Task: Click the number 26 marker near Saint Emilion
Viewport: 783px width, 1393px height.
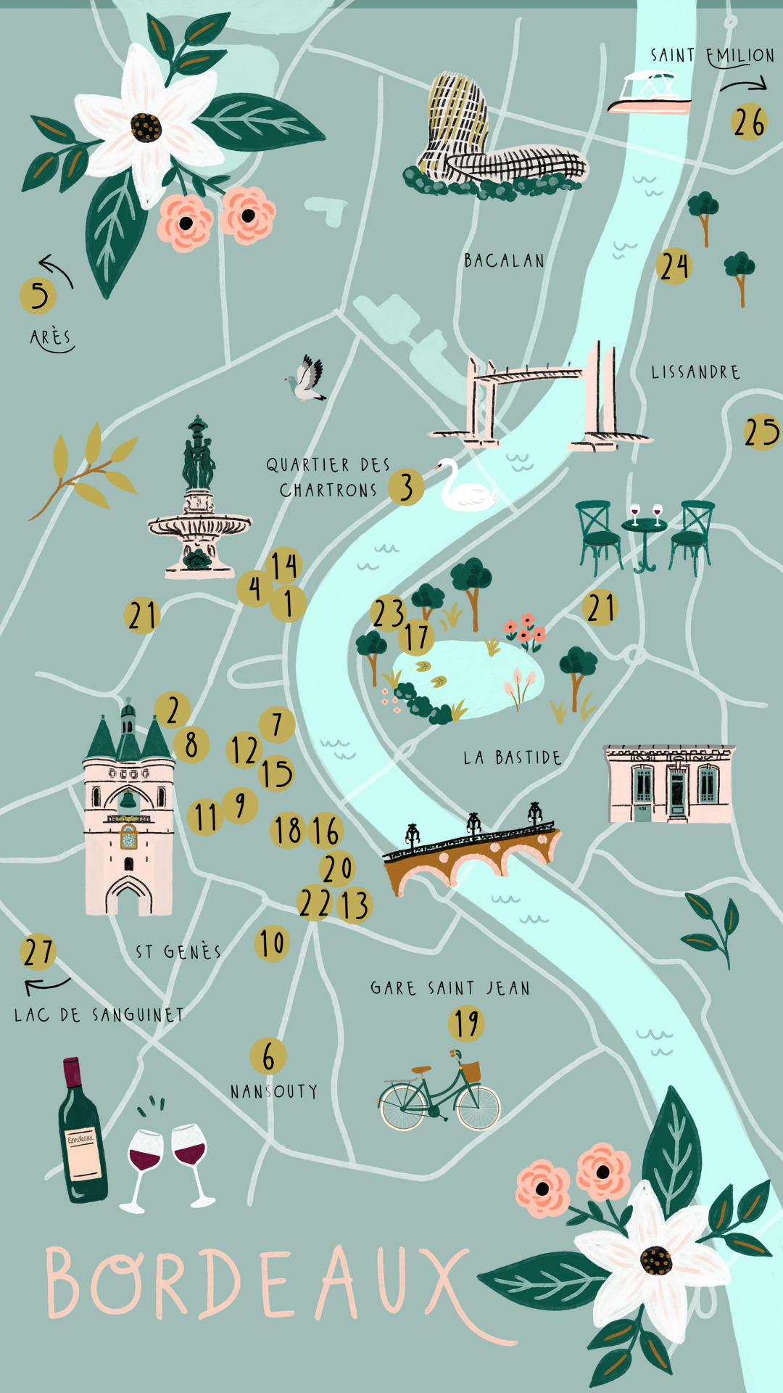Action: [749, 122]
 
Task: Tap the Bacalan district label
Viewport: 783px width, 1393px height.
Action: [504, 260]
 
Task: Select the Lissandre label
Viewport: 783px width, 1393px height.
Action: [695, 372]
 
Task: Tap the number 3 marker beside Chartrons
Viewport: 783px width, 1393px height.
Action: [406, 488]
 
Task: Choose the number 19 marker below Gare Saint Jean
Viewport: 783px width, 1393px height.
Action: [466, 1023]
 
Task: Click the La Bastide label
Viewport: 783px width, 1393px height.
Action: [512, 758]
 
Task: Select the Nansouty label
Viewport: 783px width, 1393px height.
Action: [273, 1091]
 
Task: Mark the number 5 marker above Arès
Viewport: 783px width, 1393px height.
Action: [38, 295]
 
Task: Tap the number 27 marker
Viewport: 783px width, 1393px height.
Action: [38, 952]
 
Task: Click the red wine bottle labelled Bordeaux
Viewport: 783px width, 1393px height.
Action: [81, 1132]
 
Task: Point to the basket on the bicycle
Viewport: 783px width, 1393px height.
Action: [470, 1069]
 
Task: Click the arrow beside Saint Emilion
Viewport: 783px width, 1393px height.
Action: [743, 86]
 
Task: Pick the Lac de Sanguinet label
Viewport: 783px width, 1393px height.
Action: [99, 1014]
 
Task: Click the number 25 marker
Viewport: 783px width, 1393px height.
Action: [761, 432]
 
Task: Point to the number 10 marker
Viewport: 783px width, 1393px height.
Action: [272, 943]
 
